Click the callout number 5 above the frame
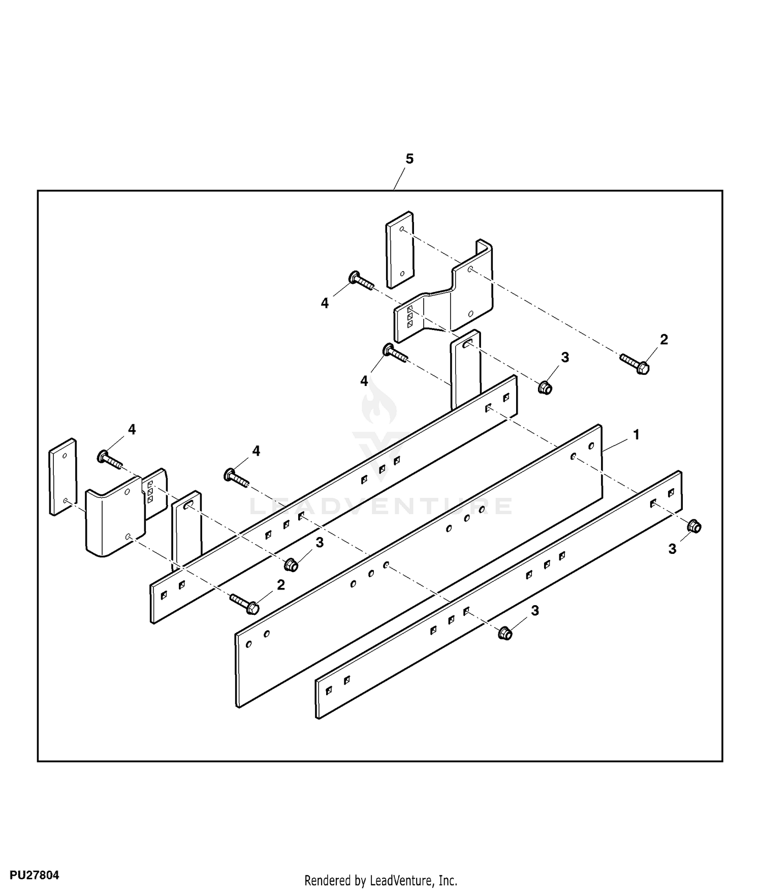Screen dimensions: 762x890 click(409, 159)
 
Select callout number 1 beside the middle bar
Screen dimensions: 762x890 click(636, 435)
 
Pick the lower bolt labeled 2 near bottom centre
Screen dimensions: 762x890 click(245, 603)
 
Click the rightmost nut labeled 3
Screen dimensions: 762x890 click(694, 526)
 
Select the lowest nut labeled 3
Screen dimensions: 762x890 click(505, 633)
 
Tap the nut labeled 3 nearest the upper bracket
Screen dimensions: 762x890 click(545, 388)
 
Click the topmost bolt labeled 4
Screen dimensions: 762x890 click(361, 281)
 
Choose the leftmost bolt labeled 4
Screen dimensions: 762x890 click(110, 459)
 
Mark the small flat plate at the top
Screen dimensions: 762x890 click(399, 250)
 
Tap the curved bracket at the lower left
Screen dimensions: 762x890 click(114, 521)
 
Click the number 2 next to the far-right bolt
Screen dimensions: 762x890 click(664, 339)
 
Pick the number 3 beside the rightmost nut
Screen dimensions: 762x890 click(672, 549)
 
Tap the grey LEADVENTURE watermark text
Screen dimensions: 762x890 click(381, 507)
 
